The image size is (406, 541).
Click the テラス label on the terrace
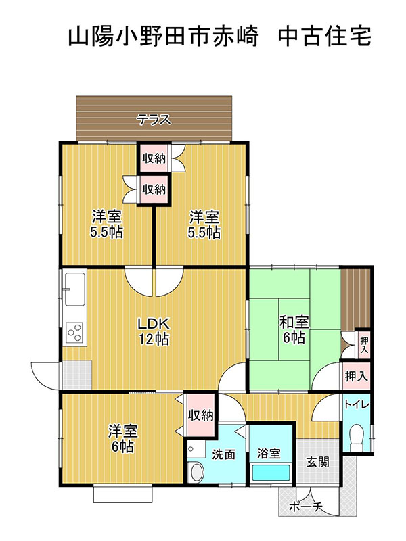coord(154,120)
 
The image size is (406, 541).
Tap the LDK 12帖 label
coord(154,331)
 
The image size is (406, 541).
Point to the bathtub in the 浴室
coord(271,472)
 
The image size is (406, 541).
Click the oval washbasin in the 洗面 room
coord(197,471)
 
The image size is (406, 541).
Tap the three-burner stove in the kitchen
coord(75,333)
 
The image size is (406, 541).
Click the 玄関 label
coord(317,462)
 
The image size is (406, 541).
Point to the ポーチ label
coord(306,507)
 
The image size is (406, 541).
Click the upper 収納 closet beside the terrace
coord(154,158)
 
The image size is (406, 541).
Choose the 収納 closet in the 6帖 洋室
coord(200,415)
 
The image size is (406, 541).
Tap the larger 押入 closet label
coord(357,376)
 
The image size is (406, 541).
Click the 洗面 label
coord(223,454)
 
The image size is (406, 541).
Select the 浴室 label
coord(269,453)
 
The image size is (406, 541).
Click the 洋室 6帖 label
coord(122,438)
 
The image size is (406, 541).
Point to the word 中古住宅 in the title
coord(325,37)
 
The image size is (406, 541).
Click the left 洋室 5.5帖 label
coord(106,225)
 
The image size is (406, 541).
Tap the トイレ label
coord(357,404)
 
